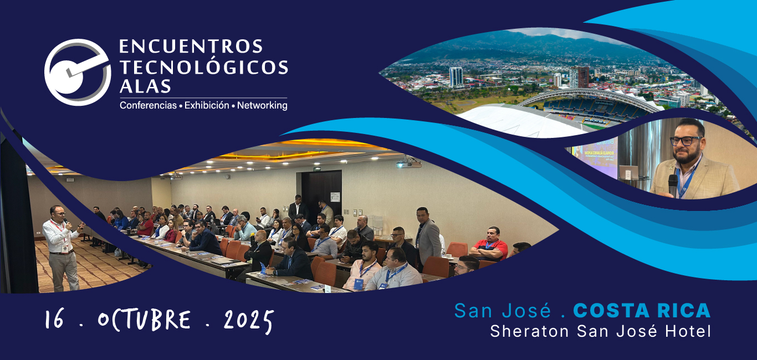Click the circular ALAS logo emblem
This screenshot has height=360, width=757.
(77, 72)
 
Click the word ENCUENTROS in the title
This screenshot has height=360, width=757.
(191, 47)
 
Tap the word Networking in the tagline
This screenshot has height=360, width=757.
(262, 105)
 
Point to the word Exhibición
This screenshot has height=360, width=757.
(207, 105)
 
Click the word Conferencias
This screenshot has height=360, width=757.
(149, 105)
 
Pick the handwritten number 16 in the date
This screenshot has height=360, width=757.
(54, 319)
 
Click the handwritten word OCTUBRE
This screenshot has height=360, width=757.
(144, 320)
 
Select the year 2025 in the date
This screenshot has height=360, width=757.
(248, 321)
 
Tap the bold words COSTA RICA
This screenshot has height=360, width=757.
(642, 311)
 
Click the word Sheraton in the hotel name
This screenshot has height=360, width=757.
(530, 331)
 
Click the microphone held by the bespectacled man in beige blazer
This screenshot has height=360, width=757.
(673, 185)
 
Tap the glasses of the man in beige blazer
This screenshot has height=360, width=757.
(685, 141)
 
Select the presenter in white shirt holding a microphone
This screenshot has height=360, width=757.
(62, 248)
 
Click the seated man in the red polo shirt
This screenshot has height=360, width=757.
(489, 244)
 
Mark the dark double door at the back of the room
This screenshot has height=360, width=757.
(321, 193)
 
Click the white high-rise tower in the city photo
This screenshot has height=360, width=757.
(456, 76)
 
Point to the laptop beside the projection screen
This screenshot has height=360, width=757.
(629, 173)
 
